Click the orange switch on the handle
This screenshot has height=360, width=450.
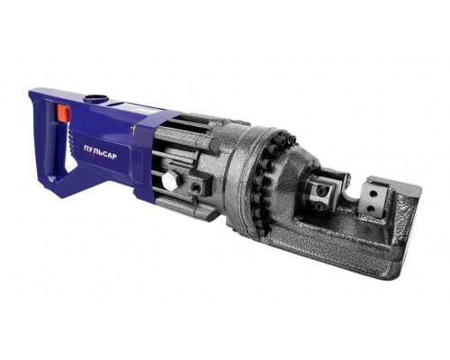pos(64,113)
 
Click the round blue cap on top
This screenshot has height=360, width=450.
pos(96,98)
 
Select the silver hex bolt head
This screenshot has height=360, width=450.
pos(170,180)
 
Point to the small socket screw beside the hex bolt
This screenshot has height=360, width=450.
pos(196,188)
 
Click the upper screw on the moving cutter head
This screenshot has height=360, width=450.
pos(322,190)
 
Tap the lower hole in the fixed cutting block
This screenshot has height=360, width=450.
pos(371,208)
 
